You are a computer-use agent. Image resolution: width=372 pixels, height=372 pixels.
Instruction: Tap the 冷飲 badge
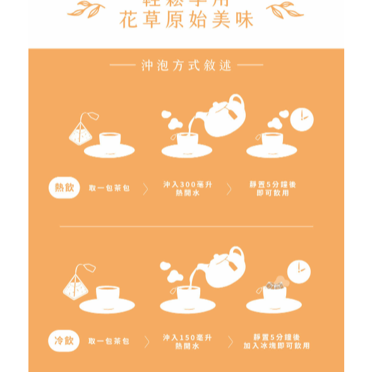point(64,341)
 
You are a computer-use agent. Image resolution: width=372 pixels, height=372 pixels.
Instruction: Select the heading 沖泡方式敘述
point(186,65)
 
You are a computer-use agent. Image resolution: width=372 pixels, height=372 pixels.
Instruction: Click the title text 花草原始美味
point(186,20)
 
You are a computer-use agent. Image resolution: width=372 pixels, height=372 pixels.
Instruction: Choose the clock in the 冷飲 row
point(298,270)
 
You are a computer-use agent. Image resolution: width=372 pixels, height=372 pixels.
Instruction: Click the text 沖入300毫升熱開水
point(187,189)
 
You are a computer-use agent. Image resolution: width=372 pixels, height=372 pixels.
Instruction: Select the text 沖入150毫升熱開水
point(187,342)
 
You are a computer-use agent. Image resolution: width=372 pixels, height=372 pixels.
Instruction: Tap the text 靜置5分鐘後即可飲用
point(273,189)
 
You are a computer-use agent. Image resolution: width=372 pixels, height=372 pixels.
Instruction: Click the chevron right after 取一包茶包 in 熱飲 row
point(146,189)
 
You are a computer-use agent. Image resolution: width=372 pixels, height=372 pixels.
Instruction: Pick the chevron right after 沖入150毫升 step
point(231,342)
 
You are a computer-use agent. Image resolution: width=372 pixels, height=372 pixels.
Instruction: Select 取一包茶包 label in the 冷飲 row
point(109,341)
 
